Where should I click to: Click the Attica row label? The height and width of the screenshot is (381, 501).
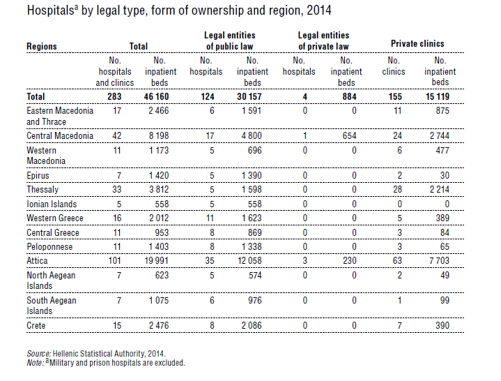point(37,261)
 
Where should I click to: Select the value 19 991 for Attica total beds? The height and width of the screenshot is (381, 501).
point(157,261)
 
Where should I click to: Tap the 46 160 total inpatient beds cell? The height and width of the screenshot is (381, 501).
point(156,96)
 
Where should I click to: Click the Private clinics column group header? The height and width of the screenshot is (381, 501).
point(417,43)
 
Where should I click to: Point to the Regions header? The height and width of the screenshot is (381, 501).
point(42,46)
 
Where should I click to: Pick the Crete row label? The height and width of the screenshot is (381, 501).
point(36,326)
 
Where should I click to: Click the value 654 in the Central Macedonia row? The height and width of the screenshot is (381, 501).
point(349,135)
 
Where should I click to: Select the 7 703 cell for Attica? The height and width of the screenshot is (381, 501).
point(440,261)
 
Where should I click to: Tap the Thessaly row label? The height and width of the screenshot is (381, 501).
point(43,190)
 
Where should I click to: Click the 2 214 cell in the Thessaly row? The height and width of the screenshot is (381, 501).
point(440,189)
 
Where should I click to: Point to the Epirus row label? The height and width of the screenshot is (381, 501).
point(38,176)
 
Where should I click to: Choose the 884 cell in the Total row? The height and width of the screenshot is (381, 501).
point(349,96)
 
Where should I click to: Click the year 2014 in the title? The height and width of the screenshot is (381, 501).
point(319,10)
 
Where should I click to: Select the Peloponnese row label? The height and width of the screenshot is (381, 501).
point(49,247)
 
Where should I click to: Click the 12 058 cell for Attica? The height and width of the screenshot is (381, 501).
point(249,261)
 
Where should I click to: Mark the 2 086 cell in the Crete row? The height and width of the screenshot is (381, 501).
point(252,326)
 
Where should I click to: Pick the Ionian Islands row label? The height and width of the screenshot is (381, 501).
point(52,204)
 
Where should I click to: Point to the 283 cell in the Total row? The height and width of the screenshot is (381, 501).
point(114,96)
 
